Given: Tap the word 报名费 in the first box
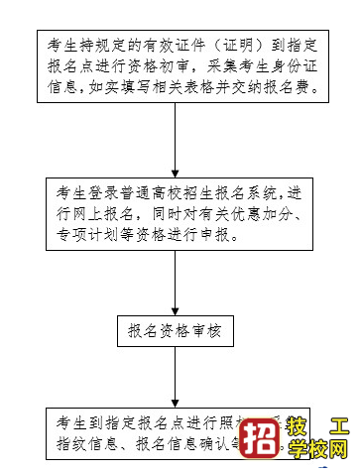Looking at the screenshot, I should (x=289, y=88).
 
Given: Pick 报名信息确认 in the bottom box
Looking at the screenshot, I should (x=179, y=446).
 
